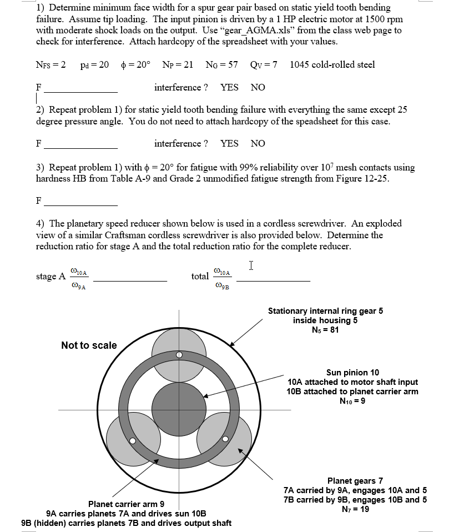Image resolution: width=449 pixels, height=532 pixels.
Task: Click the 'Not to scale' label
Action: coord(89,345)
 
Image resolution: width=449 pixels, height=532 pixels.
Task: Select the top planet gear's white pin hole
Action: coord(179,354)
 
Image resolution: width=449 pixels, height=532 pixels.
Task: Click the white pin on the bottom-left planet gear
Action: coord(133,441)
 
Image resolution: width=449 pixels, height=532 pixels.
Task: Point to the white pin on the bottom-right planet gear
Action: coord(225,439)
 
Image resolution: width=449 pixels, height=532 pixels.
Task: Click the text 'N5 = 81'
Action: coord(325,330)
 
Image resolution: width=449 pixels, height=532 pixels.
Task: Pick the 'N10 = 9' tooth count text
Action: coord(352,401)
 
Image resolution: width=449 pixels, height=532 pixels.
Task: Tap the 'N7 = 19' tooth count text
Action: coord(355,509)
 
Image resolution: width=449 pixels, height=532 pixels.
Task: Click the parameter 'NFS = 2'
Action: coord(51,64)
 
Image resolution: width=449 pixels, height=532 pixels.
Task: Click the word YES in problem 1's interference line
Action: coord(229,88)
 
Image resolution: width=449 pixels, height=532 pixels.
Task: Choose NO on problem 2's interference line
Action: coord(258,143)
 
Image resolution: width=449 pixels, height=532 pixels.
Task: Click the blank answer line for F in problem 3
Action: coord(81,203)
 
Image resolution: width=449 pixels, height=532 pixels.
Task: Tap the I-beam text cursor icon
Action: coord(251,265)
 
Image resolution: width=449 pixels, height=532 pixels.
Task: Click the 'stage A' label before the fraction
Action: coord(51,276)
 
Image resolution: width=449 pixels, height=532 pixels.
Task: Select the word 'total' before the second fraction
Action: coord(200,276)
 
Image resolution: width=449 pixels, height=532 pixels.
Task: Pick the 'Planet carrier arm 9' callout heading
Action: coord(126,504)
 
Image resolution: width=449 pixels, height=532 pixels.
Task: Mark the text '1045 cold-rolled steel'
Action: coord(332,64)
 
